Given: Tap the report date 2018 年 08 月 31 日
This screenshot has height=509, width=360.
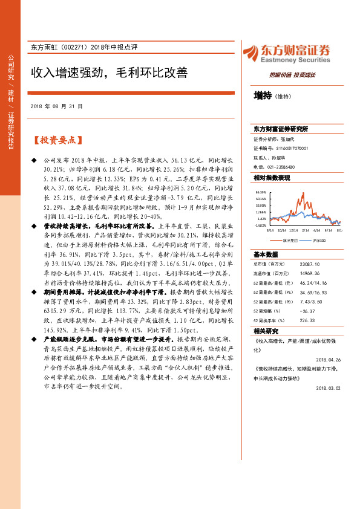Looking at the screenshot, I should click(x=55, y=106).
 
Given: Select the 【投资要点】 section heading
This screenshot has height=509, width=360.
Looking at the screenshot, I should click(x=57, y=140).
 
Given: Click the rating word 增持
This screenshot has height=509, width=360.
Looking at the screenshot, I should click(x=263, y=95).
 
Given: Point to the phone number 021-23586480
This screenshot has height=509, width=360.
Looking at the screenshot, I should click(x=277, y=166).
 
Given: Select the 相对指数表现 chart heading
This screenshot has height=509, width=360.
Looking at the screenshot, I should click(x=272, y=178).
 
